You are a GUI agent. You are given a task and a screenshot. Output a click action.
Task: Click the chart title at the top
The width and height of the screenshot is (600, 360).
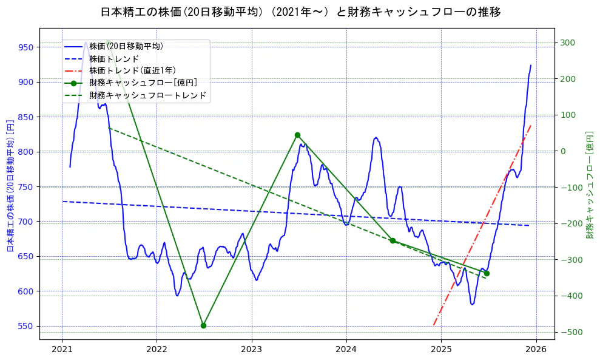point(300,12)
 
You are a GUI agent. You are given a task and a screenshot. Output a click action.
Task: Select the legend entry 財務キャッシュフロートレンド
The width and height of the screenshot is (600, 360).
point(147,95)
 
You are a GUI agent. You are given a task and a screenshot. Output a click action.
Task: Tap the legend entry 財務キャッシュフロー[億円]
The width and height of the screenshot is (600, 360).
point(143,83)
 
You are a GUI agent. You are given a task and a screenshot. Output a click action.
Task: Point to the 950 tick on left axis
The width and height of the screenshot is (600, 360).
point(26,47)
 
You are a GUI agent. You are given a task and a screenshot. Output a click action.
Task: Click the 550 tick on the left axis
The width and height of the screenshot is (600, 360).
point(26,327)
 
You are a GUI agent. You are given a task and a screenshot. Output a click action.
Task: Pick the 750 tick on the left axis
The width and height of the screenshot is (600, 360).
point(26,187)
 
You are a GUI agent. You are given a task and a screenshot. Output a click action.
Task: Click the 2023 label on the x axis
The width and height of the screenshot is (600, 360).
point(251,350)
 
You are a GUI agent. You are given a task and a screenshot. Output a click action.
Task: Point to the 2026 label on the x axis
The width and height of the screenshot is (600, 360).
point(536,350)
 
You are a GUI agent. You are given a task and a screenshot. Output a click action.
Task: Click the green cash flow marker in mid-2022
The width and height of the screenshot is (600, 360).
point(203,325)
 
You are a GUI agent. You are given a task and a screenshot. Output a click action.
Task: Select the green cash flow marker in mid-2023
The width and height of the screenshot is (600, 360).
point(297,135)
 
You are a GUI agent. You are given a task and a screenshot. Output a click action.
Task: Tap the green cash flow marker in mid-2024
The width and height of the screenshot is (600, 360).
point(393,240)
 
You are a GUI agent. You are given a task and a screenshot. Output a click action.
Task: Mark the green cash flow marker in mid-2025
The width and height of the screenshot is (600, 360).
point(487,273)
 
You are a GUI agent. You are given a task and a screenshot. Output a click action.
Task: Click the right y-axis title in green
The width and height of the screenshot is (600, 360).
point(589,185)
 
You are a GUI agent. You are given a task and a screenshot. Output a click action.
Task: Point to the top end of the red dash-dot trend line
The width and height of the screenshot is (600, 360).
point(531,125)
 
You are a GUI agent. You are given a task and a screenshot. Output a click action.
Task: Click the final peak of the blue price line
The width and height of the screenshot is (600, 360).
point(531,65)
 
